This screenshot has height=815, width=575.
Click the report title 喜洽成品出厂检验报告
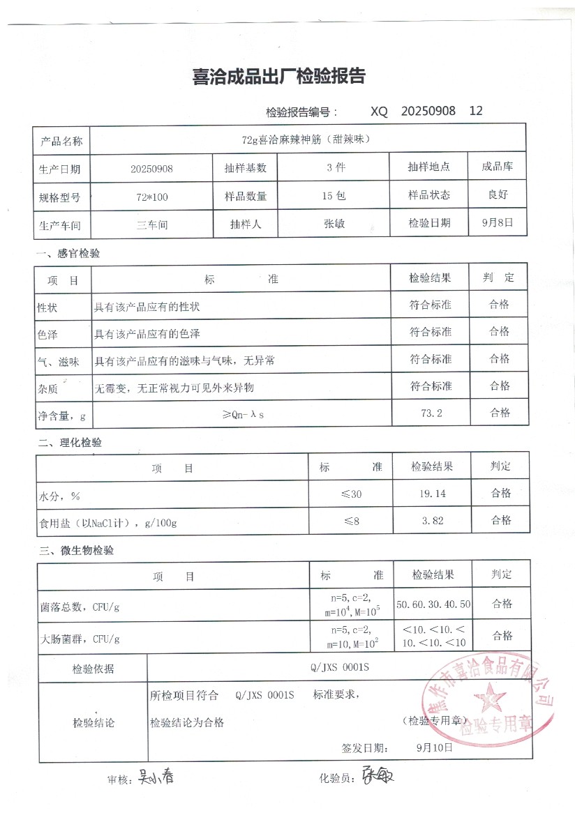pos(279,77)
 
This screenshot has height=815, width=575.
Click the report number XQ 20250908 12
pos(426,111)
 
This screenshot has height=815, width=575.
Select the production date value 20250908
pos(151,169)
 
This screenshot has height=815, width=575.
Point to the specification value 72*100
pos(152,197)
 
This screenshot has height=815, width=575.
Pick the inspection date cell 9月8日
pos(500,223)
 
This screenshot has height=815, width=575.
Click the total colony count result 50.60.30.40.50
pos(433,604)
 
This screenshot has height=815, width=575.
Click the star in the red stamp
pos(488,696)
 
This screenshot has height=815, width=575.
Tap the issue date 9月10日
pos(434,747)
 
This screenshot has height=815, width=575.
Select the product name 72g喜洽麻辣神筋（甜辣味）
pos(306,139)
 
